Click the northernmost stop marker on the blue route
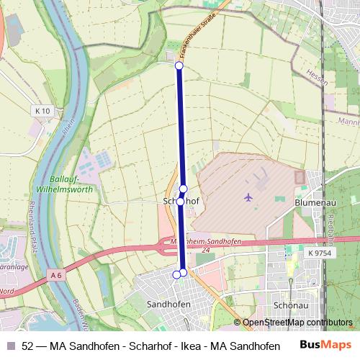179,66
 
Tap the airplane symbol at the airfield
249,197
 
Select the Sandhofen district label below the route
168,305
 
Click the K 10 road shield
42,111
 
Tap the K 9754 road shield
319,253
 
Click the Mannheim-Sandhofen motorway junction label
204,242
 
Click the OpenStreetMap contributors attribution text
297,323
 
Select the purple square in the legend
10,346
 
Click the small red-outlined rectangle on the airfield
300,176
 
